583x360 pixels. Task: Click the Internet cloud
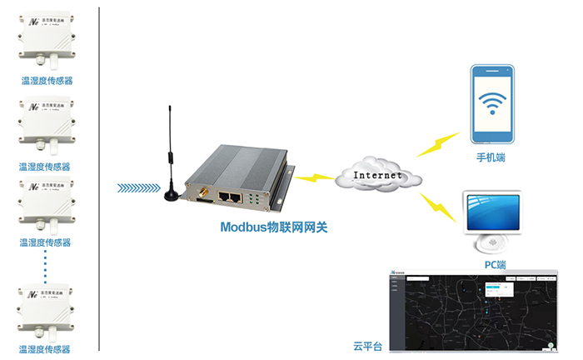click(x=380, y=175)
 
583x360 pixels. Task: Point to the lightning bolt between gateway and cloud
click(x=315, y=177)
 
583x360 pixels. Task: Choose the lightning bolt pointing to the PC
click(x=438, y=208)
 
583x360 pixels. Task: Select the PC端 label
click(x=495, y=265)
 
